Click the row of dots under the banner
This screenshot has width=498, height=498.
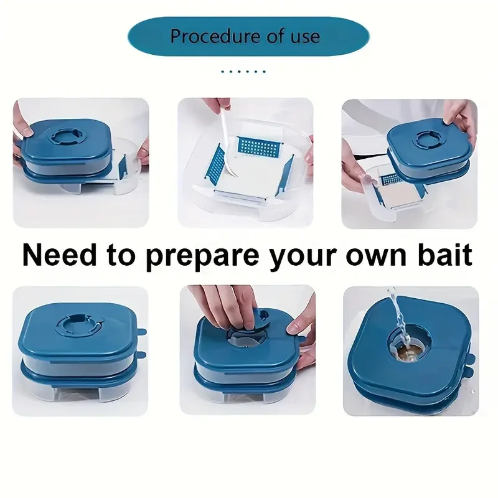243,72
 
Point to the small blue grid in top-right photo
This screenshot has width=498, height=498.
390,180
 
